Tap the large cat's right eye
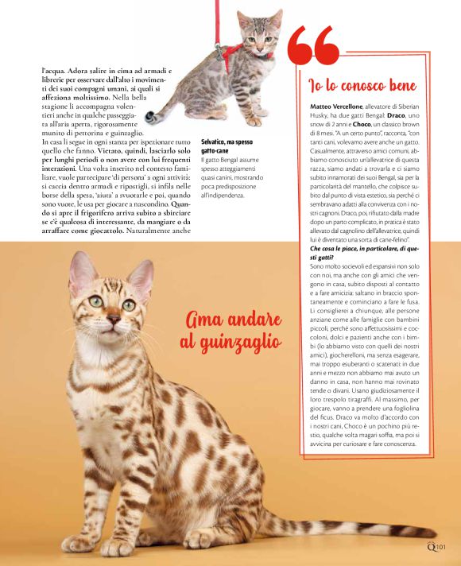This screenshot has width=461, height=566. coord(95,301)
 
